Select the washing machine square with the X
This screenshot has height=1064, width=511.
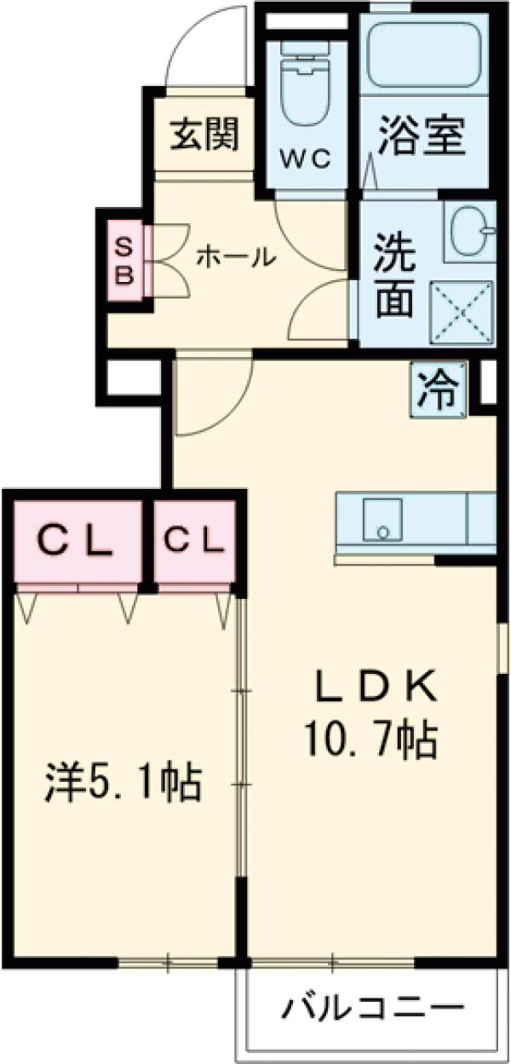(465, 312)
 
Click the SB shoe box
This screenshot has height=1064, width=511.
(124, 261)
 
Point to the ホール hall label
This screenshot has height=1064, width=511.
(236, 256)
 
